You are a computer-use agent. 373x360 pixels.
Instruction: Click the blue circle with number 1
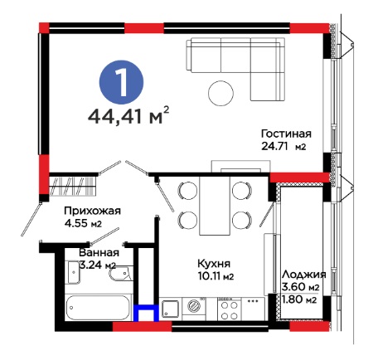(121, 82)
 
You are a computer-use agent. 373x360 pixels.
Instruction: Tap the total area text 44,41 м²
(128, 115)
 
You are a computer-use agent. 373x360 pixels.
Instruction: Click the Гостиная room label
(286, 134)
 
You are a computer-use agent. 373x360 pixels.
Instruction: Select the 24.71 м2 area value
(283, 146)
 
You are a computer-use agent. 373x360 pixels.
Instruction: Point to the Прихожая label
(92, 212)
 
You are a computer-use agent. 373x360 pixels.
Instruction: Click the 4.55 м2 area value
(83, 223)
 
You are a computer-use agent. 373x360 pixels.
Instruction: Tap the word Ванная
(99, 253)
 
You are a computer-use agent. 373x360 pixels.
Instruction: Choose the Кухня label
(214, 264)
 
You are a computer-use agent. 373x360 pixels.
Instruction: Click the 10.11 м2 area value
(216, 276)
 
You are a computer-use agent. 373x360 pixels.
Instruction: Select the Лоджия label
(304, 275)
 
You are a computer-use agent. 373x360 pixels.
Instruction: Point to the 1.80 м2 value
(299, 299)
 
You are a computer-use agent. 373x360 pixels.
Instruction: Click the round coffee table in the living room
(220, 93)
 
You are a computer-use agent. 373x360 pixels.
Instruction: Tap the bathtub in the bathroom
(98, 308)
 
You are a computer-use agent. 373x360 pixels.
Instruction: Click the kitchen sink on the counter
(170, 309)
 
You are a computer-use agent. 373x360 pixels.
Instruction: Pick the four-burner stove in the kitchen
(230, 309)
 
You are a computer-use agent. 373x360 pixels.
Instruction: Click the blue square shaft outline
(146, 313)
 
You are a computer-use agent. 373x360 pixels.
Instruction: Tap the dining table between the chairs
(215, 206)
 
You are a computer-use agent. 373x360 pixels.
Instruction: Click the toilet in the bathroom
(119, 274)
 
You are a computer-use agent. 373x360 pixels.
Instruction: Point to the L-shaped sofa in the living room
(235, 69)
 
